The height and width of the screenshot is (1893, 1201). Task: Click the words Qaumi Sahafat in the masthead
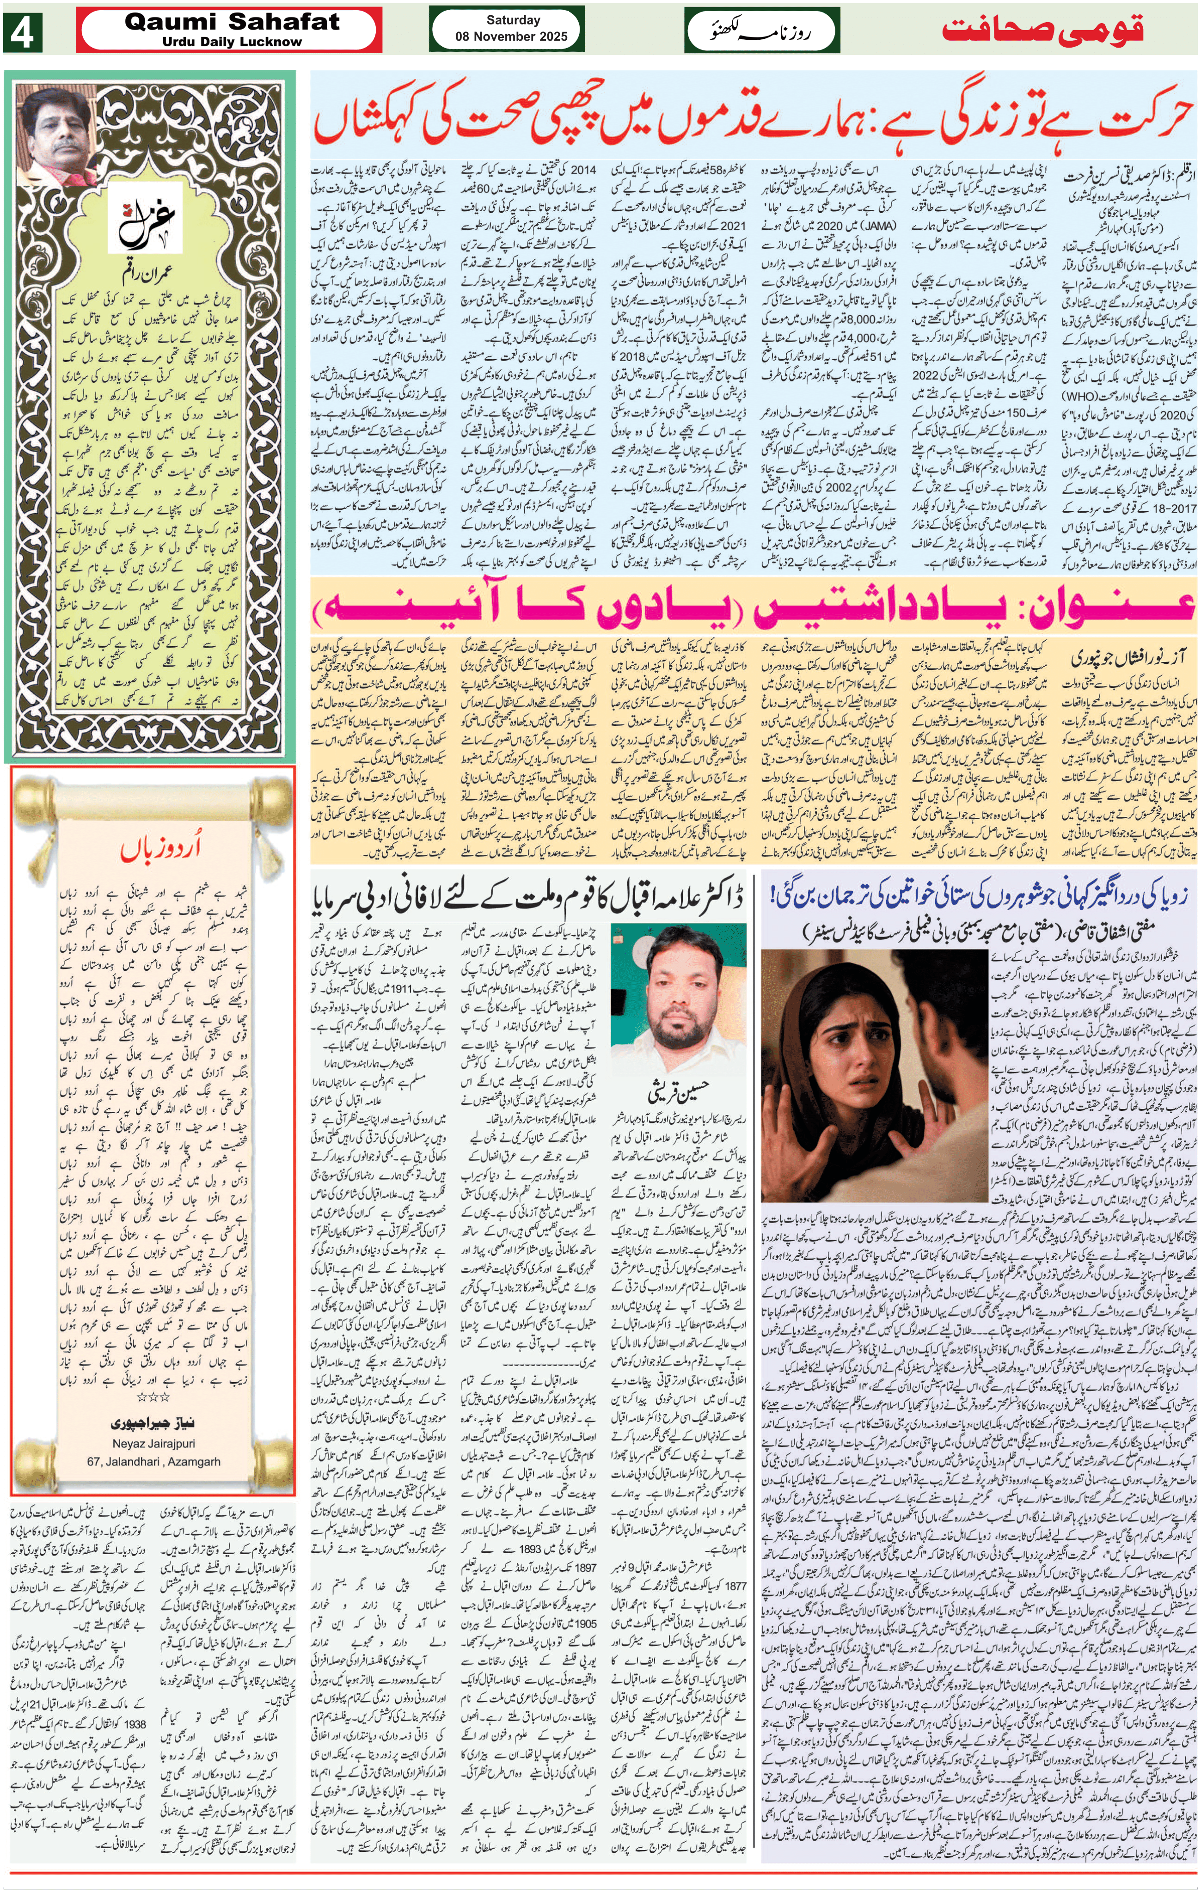click(x=232, y=22)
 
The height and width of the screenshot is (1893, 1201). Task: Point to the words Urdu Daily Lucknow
click(x=232, y=42)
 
